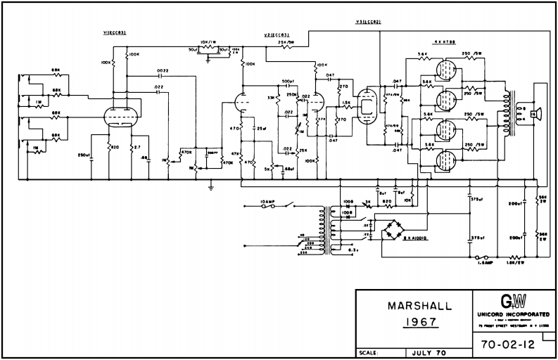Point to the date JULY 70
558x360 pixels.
(429, 353)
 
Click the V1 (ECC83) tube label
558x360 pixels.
(114, 33)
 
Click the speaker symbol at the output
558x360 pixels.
(534, 112)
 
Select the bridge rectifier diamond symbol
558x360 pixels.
(393, 230)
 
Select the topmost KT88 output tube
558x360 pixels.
(445, 71)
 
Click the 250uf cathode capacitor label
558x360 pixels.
(84, 155)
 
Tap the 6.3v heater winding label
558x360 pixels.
(354, 249)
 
